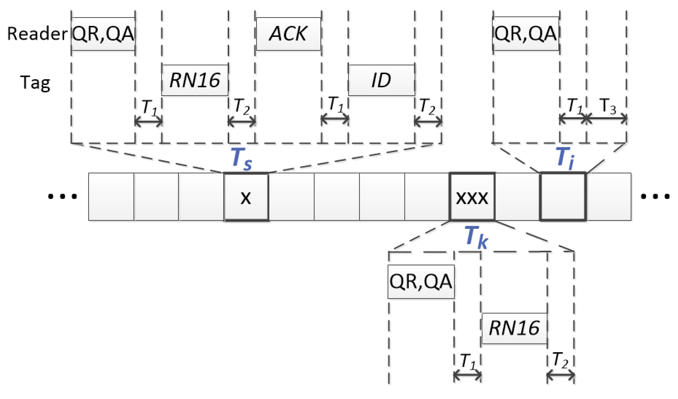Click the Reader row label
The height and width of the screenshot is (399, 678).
click(x=37, y=34)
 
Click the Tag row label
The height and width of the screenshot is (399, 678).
click(x=35, y=83)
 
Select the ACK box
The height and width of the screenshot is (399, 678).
click(x=288, y=34)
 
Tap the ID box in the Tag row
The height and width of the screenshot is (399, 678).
click(x=381, y=80)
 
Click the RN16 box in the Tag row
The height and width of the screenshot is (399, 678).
click(x=195, y=80)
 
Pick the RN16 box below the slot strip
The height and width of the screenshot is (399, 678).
click(x=514, y=328)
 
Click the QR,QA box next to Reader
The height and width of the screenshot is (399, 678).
click(x=103, y=34)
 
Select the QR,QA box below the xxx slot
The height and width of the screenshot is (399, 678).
click(x=421, y=282)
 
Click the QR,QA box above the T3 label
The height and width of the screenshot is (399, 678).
click(x=525, y=34)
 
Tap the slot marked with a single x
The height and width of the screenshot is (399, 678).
click(x=246, y=197)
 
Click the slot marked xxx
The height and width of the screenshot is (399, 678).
click(x=472, y=197)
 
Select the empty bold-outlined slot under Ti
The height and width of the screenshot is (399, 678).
click(x=562, y=197)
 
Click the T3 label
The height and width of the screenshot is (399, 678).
click(x=607, y=107)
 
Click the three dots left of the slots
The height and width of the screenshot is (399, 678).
click(x=62, y=196)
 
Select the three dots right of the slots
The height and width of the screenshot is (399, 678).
click(x=655, y=196)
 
